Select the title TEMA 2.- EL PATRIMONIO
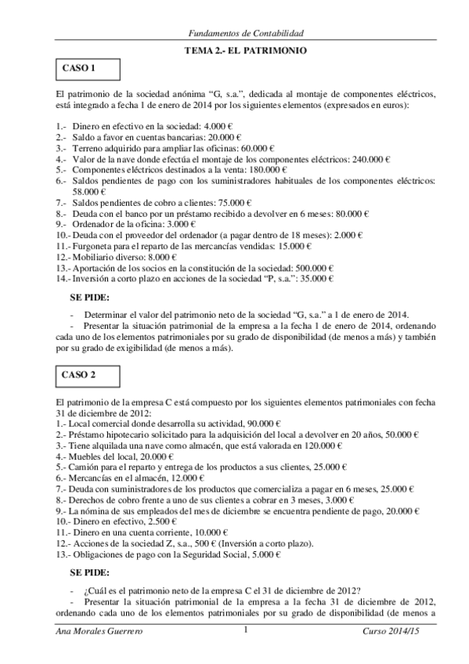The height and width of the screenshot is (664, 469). click(245, 51)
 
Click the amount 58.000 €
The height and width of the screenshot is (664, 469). click(89, 191)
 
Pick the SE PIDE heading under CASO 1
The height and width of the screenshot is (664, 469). click(90, 297)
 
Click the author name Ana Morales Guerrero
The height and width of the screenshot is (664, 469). click(94, 630)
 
